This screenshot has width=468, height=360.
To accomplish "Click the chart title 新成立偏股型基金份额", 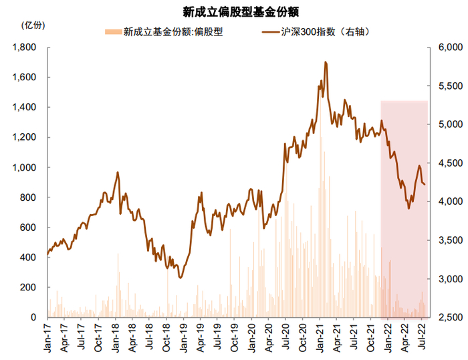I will tap(234, 11).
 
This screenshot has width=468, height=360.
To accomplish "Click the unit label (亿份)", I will tap(33, 25).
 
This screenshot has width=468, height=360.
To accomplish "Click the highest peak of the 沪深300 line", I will tap(325, 62).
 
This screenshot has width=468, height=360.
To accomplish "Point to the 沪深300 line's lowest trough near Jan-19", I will tap(181, 278).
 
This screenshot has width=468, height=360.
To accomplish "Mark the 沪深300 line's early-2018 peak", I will tap(118, 172).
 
